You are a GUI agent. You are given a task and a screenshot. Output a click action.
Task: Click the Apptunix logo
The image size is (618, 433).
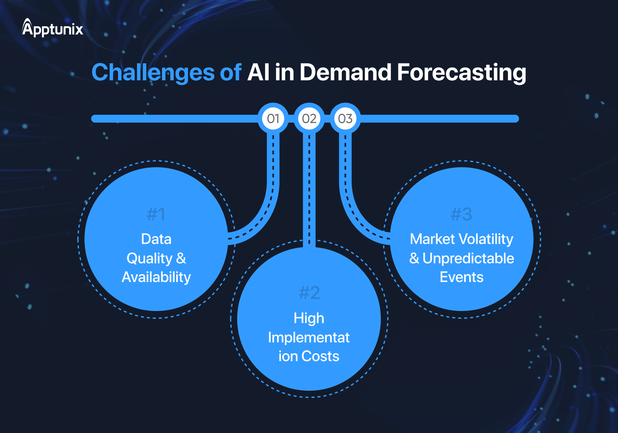(x=53, y=29)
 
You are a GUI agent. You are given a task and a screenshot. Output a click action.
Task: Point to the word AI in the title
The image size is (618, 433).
(x=258, y=73)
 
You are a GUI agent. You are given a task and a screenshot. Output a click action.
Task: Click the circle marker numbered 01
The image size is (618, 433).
(x=273, y=118)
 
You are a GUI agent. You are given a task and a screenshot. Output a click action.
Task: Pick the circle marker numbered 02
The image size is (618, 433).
(x=309, y=118)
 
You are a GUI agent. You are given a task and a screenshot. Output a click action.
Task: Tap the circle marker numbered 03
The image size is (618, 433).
(x=345, y=118)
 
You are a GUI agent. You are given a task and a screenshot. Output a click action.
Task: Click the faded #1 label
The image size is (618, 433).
(x=156, y=214)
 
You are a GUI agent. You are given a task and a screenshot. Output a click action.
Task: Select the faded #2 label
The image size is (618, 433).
(x=309, y=293)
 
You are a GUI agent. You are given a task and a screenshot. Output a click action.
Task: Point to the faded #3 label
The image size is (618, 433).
(x=461, y=214)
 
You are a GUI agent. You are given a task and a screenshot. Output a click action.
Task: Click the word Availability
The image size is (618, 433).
(x=156, y=277)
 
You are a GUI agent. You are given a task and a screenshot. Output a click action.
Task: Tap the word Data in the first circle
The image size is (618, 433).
(x=156, y=239)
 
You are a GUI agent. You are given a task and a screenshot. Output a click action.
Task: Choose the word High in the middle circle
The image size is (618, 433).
(x=309, y=318)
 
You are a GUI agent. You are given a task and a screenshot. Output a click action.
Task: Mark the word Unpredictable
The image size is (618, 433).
(x=468, y=258)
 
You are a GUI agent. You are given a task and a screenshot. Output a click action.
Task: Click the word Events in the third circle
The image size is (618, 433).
(x=461, y=277)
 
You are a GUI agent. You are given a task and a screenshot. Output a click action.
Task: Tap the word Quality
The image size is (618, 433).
(x=149, y=258)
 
